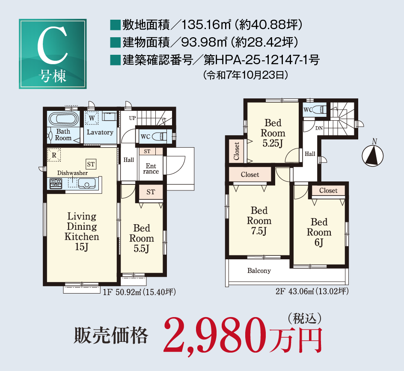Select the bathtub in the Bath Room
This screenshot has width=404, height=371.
tap(62, 118)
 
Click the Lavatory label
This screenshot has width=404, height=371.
tap(100, 132)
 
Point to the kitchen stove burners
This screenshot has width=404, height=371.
tap(56, 184)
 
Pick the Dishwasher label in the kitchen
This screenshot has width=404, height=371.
tap(73, 173)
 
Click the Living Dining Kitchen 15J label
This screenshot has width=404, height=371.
tap(82, 232)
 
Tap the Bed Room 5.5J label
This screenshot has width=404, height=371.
tap(142, 238)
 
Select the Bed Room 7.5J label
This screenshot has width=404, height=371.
tap(259, 221)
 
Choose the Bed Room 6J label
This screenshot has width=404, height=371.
tap(319, 232)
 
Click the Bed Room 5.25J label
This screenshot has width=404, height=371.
tap(273, 133)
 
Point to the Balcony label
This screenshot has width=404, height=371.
tap(259, 270)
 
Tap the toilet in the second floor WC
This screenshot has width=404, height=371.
tap(320, 110)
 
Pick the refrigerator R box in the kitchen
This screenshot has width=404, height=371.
tap(54, 155)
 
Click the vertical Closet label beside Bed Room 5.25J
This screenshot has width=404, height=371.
tap(237, 151)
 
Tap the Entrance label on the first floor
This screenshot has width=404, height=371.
tap(151, 169)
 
